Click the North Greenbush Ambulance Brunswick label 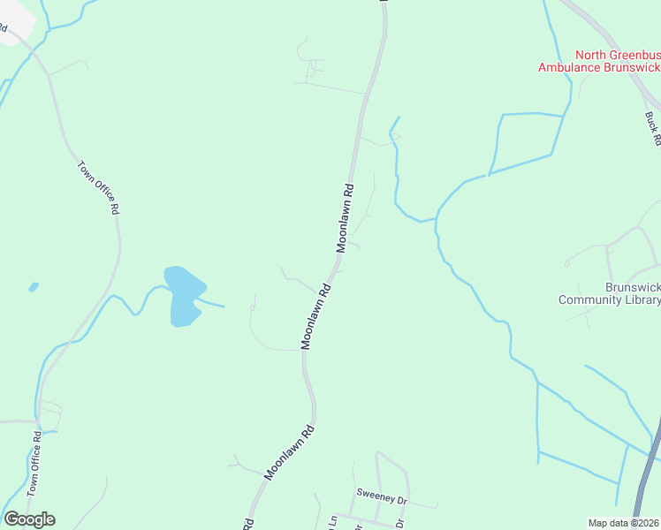600,60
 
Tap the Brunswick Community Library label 610,293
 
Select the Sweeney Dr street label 381,497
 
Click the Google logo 29,519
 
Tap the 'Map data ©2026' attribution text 624,522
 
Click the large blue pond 184,293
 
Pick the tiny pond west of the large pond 34,286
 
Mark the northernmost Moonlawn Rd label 345,218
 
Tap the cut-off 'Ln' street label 333,521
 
